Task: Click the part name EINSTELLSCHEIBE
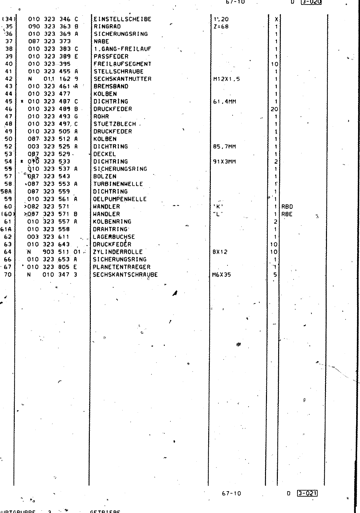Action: (122, 19)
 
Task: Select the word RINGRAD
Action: (107, 27)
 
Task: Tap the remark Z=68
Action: (221, 27)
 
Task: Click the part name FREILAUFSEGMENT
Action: (122, 64)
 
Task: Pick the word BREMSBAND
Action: (111, 86)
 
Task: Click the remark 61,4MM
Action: (224, 102)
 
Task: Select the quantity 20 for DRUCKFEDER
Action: (274, 109)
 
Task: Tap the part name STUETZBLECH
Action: (115, 124)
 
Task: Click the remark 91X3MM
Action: (224, 162)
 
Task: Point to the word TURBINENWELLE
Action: (118, 184)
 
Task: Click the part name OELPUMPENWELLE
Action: (120, 199)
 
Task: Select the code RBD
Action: (287, 207)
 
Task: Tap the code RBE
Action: (287, 214)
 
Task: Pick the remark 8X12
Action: (220, 252)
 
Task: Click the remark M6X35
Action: (221, 275)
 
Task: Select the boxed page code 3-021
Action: (307, 493)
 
